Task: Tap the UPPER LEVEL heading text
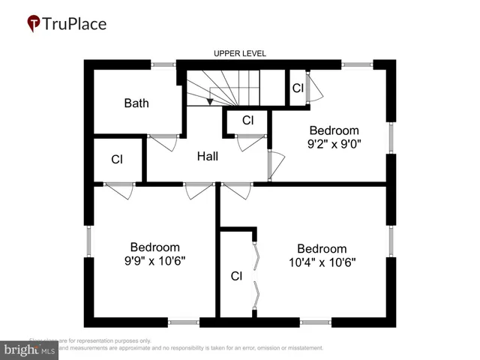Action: click(x=240, y=54)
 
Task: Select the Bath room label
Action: click(x=136, y=103)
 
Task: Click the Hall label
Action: click(x=208, y=157)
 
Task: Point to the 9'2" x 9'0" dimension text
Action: click(x=334, y=144)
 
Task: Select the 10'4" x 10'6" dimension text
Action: click(x=322, y=262)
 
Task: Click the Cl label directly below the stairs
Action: click(x=248, y=120)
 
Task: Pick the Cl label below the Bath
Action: click(x=117, y=160)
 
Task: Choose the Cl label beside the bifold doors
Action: click(x=236, y=276)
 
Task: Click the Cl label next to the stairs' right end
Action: click(x=298, y=88)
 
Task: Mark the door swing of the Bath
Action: click(x=163, y=142)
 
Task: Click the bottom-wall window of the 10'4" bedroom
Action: click(x=316, y=322)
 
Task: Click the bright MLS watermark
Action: click(x=30, y=349)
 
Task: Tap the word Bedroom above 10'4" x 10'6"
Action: click(x=322, y=249)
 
